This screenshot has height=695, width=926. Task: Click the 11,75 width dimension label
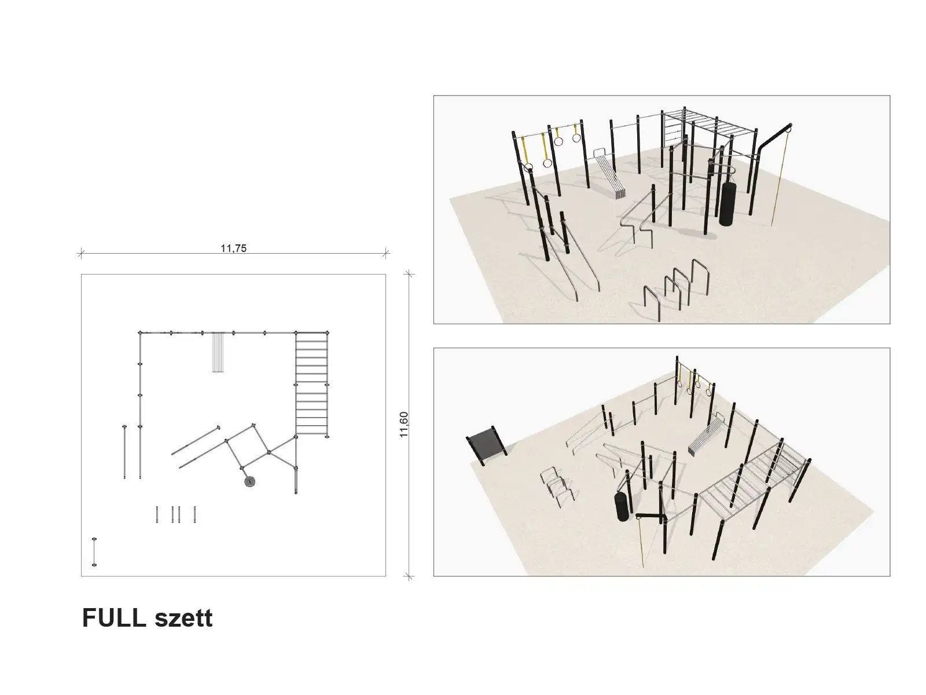233,248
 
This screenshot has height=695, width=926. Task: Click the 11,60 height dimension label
404,425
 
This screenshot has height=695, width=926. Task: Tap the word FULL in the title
114,618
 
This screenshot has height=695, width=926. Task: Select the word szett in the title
183,619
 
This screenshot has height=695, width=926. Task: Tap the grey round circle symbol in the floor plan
250,481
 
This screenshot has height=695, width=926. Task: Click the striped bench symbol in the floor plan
218,352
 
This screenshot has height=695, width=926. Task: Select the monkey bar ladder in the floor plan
311,384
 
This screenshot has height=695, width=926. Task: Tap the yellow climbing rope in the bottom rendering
641,542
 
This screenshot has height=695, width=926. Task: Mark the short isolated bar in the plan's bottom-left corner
94,552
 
